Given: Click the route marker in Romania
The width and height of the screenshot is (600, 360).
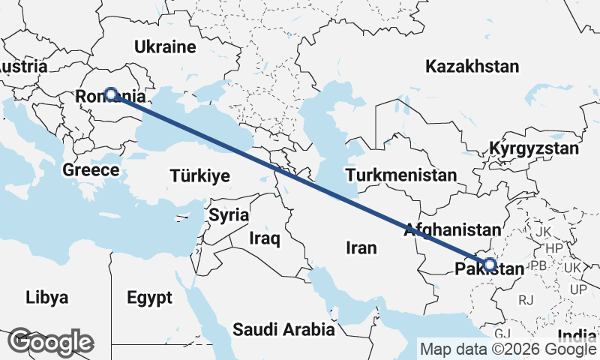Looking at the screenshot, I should tap(111, 94).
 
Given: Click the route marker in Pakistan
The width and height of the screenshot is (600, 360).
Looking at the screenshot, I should tap(490, 264).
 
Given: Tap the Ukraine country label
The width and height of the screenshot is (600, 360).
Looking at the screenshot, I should tap(165, 47).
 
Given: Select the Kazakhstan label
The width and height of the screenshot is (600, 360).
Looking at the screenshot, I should tap(472, 67).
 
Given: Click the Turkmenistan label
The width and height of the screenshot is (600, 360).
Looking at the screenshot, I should tap(401, 175).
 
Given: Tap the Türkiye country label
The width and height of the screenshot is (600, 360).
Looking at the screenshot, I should tap(199, 176).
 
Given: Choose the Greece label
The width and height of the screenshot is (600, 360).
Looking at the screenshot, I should tap(91, 170).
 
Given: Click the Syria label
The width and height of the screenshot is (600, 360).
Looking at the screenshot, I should tap(229, 215).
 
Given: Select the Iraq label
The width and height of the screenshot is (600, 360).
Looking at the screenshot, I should tap(265, 239).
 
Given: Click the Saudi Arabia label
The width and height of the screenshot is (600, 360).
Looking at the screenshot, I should tap(283, 328).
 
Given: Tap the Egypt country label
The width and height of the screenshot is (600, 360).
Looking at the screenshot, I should tap(150, 297).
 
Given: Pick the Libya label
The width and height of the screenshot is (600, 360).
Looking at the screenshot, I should tap(46, 297).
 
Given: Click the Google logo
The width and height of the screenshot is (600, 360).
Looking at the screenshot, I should tap(51, 342).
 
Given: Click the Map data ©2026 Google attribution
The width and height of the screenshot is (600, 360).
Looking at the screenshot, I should tap(508, 349).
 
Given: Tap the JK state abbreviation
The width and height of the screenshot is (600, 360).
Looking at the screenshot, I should tap(544, 232).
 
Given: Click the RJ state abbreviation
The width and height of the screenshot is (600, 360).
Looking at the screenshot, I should tap(526, 300).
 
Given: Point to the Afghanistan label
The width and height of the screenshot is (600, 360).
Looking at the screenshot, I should tap(451, 230).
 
